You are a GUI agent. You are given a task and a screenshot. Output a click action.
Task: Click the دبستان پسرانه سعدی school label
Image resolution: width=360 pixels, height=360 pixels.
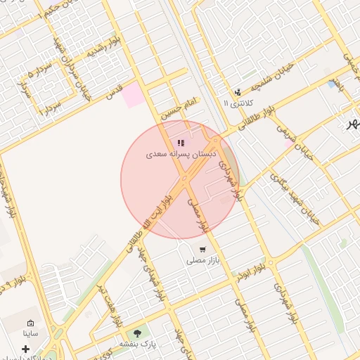pos(182,153)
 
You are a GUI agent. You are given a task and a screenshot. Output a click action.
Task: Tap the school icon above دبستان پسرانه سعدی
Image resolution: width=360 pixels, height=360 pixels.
pos(181,142)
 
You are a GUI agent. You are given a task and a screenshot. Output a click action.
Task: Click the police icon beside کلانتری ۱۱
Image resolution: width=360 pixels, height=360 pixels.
pos(238,91)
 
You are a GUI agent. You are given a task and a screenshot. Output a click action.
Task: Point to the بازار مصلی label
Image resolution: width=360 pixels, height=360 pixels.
pos(203,260)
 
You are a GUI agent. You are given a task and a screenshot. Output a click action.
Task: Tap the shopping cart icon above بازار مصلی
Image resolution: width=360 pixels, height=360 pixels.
pos(202,249)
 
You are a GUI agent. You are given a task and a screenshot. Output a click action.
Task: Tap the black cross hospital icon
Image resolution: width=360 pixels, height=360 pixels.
pos(26,349)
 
